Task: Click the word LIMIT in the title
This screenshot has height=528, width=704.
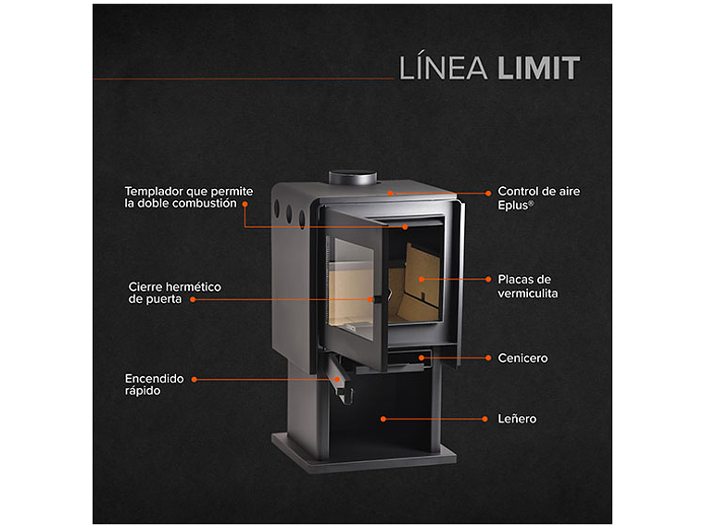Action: click(538, 68)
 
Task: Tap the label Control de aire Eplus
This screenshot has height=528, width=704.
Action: click(539, 197)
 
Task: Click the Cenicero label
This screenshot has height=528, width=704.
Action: click(522, 358)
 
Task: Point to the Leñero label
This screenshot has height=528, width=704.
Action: click(517, 419)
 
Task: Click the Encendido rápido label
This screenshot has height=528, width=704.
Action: click(155, 384)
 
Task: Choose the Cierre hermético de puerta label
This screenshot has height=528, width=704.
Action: click(174, 293)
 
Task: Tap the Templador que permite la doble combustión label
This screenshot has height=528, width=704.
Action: click(188, 196)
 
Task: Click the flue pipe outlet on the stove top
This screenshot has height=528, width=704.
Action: click(352, 177)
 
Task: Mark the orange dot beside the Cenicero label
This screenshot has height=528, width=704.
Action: click(487, 358)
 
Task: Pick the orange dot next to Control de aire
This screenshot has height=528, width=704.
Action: click(487, 194)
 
